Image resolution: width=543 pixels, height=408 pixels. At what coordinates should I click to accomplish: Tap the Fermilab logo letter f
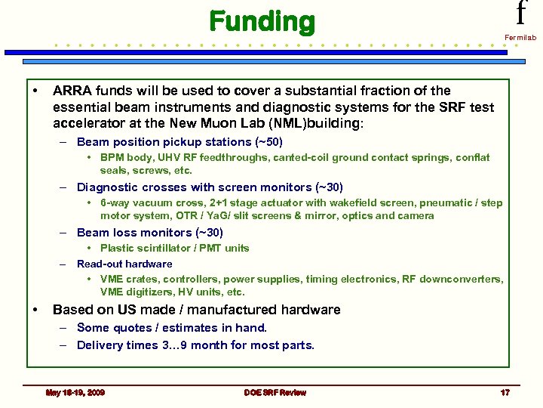520,13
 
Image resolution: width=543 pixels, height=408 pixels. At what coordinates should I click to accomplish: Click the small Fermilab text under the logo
520,36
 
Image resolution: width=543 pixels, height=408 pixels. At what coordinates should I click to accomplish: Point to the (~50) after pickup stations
268,141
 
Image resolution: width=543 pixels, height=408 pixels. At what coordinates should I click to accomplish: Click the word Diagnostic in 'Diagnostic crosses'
106,187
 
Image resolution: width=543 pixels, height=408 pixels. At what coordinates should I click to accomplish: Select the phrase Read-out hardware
124,264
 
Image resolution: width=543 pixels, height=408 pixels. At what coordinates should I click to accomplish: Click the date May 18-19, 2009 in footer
75,392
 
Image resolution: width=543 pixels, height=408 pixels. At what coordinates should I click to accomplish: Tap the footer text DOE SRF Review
275,392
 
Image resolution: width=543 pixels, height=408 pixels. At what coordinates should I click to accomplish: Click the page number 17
505,392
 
